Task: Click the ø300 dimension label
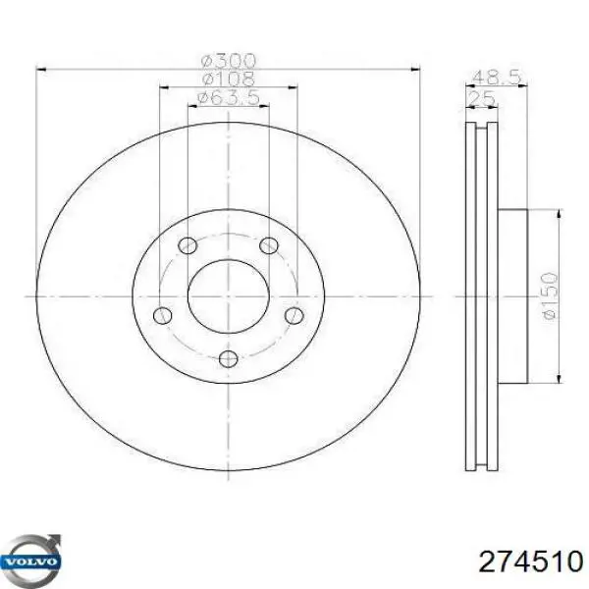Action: click(229, 60)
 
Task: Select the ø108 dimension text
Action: click(229, 79)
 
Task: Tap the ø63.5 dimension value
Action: click(229, 97)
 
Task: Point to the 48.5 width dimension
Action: click(496, 76)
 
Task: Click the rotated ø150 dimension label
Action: click(549, 295)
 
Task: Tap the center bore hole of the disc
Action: click(228, 294)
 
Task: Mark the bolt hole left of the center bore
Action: click(163, 314)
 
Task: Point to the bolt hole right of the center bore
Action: click(293, 314)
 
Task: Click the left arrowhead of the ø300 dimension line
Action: click(41, 69)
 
